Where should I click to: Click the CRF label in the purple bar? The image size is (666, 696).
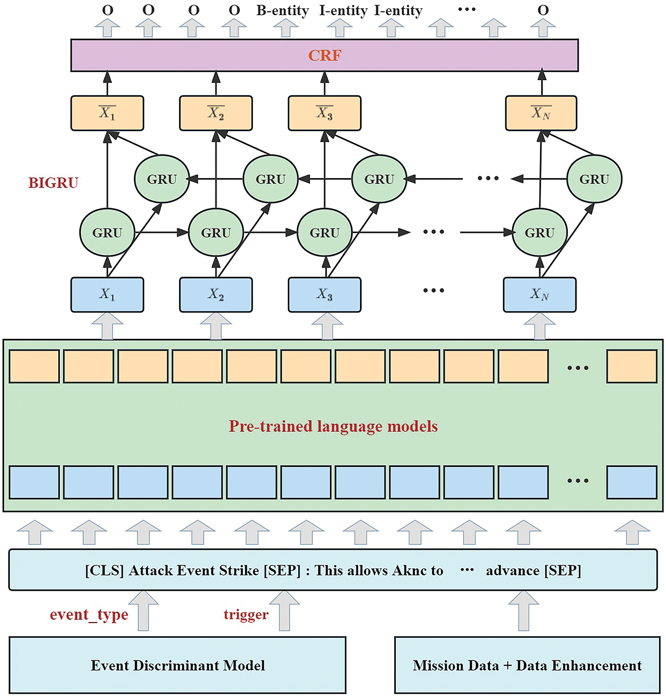(x=325, y=56)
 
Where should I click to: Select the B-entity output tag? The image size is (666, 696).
(x=282, y=11)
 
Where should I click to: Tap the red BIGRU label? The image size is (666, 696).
(x=53, y=183)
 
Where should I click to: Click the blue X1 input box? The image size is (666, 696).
(x=107, y=295)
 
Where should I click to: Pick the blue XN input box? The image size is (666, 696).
(x=539, y=295)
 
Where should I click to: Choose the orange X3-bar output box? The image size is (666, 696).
(x=325, y=113)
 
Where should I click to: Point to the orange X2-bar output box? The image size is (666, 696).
(x=216, y=113)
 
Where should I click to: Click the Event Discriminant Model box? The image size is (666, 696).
(x=178, y=665)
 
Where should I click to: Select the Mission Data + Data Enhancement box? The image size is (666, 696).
(x=527, y=665)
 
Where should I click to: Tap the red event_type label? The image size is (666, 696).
(x=89, y=614)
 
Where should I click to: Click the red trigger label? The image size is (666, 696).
(x=246, y=614)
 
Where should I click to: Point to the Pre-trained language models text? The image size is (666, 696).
(x=333, y=426)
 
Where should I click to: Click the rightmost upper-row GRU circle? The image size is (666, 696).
(x=594, y=179)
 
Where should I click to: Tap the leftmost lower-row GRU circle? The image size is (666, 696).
(x=107, y=232)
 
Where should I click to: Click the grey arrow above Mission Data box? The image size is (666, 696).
(x=523, y=611)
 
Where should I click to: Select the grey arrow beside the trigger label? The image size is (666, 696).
(x=285, y=611)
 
